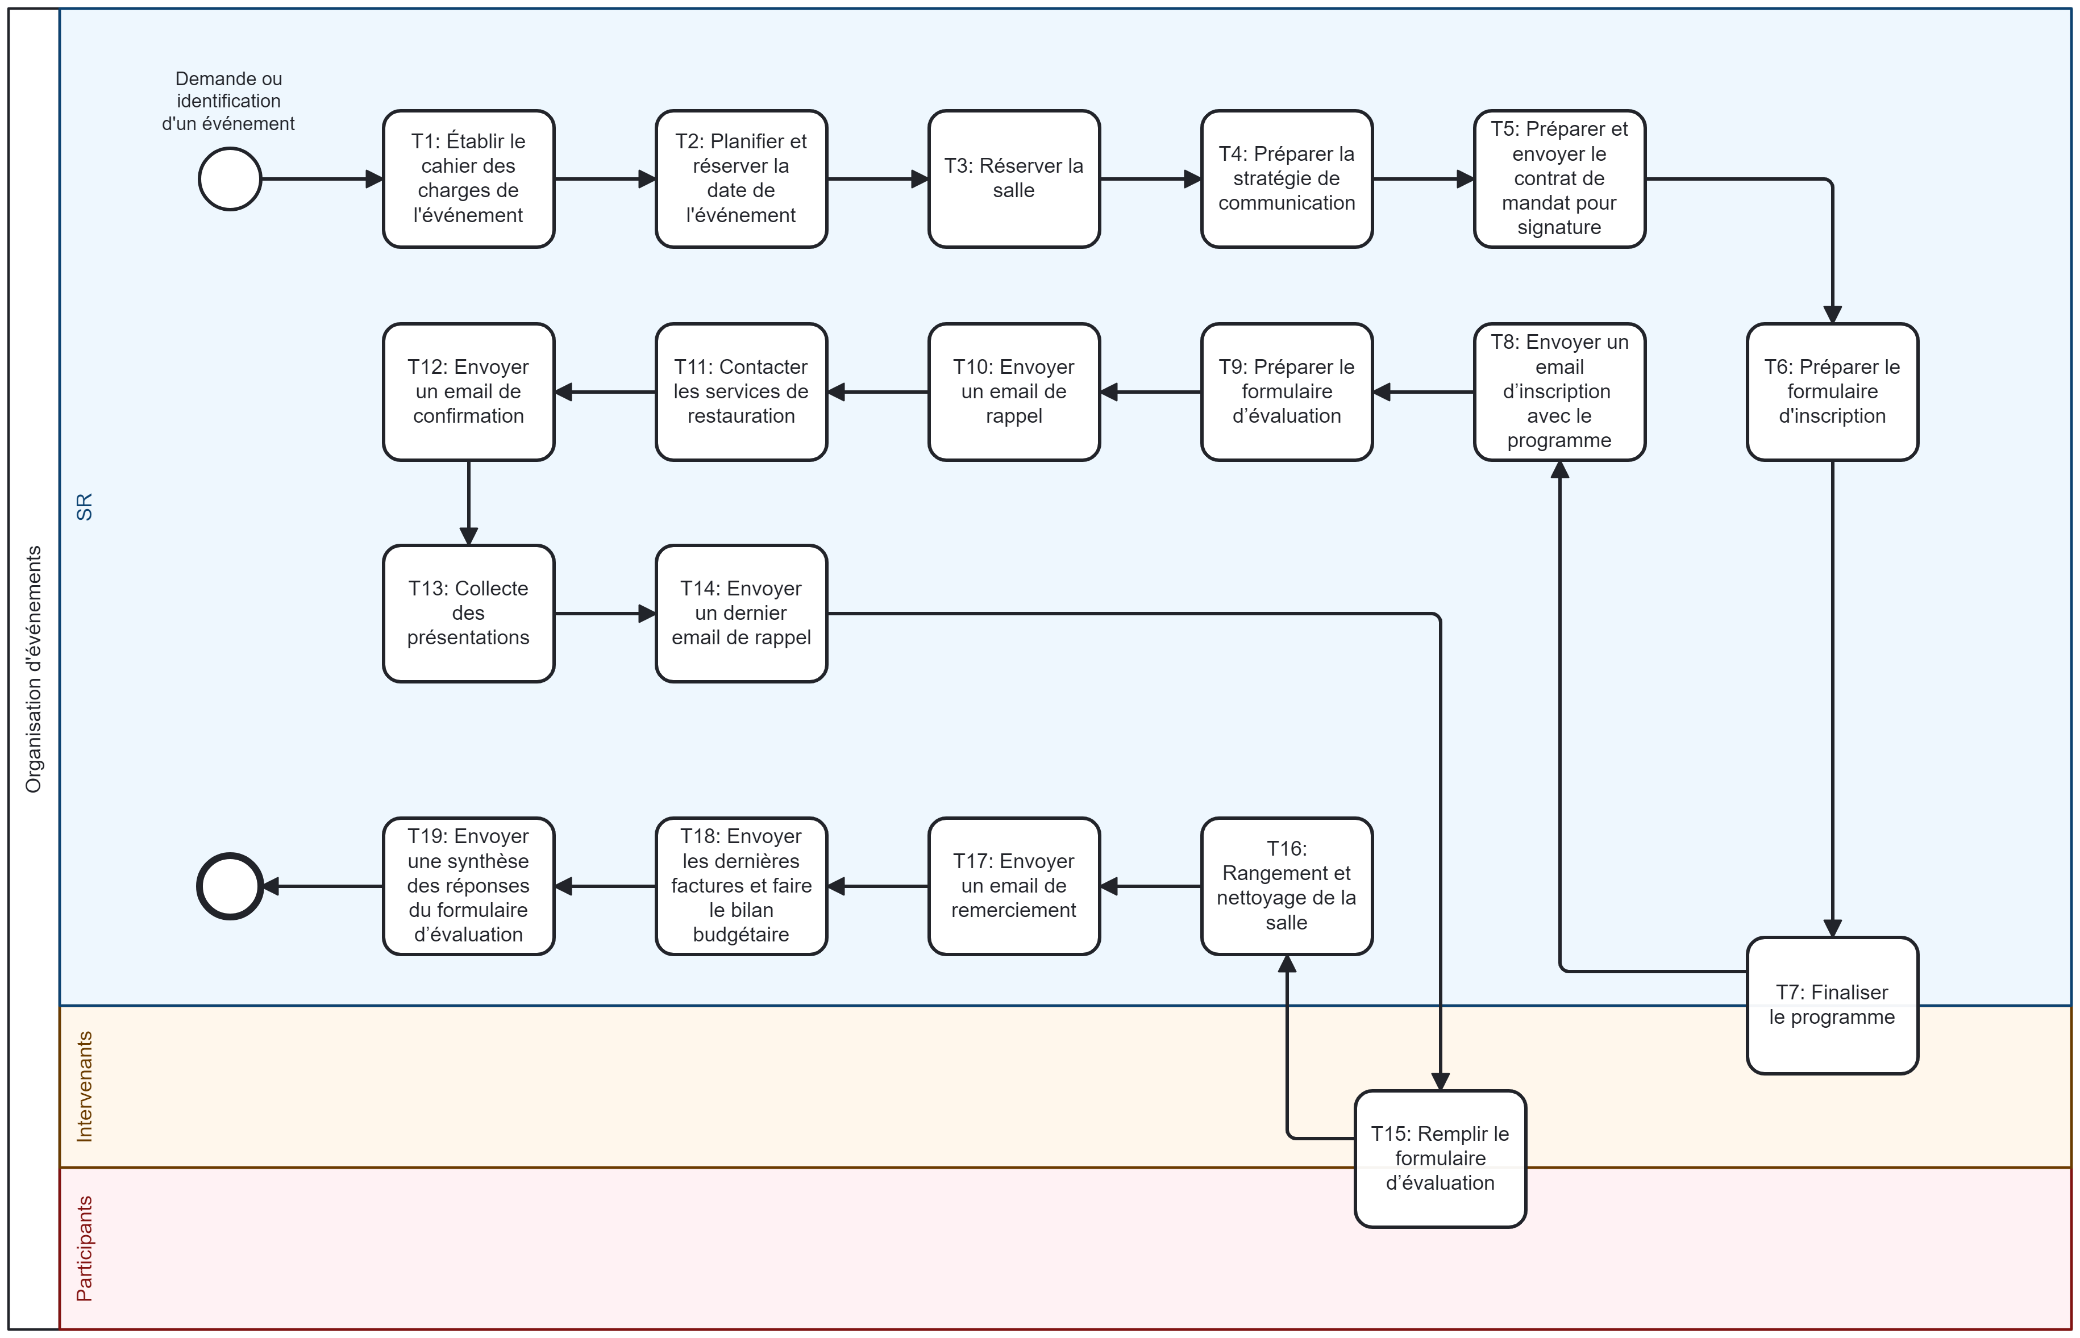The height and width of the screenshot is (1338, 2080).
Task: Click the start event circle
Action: point(230,179)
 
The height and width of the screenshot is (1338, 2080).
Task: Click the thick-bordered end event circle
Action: point(230,886)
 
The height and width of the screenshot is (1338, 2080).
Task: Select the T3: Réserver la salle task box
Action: point(1013,179)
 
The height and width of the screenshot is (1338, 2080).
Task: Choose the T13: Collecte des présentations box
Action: point(468,614)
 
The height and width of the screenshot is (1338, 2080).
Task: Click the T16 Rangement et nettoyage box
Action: point(1286,886)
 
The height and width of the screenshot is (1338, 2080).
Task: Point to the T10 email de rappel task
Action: point(1013,392)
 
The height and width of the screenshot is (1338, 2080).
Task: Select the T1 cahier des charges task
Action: point(468,179)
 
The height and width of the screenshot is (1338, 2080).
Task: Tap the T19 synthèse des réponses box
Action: point(468,886)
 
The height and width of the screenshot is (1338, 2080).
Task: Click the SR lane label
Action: point(84,507)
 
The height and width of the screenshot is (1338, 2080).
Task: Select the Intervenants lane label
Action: point(84,1086)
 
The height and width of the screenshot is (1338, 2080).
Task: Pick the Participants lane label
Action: point(84,1248)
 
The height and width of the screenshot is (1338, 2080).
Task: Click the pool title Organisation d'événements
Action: point(33,669)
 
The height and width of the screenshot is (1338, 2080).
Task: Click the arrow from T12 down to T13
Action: point(468,502)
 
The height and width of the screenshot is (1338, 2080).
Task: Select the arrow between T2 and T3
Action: point(877,179)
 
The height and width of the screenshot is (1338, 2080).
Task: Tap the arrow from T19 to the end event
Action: point(322,886)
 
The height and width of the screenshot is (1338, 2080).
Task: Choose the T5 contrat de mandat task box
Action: point(1559,179)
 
